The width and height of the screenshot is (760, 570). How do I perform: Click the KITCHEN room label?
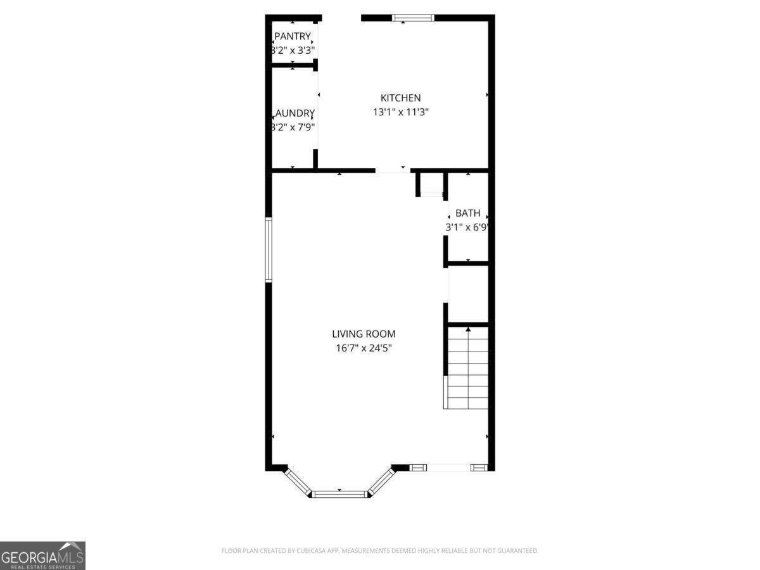pyautogui.click(x=400, y=98)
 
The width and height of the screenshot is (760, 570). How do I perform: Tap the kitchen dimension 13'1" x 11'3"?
pyautogui.click(x=400, y=112)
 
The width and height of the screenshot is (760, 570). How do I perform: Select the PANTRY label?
pyautogui.click(x=292, y=37)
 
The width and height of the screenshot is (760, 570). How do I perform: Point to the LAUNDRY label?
pyautogui.click(x=293, y=113)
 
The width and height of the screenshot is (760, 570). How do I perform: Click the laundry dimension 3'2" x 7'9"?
pyautogui.click(x=293, y=126)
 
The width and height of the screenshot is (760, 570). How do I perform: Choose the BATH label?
pyautogui.click(x=467, y=213)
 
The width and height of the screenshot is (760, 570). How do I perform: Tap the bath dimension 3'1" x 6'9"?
pyautogui.click(x=468, y=227)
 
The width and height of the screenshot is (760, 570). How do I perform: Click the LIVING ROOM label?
pyautogui.click(x=364, y=334)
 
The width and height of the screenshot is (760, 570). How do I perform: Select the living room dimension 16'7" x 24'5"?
pyautogui.click(x=364, y=348)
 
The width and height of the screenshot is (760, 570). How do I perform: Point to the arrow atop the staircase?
pyautogui.click(x=468, y=329)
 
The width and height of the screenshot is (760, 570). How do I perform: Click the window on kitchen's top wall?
pyautogui.click(x=412, y=18)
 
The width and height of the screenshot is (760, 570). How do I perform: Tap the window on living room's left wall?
pyautogui.click(x=269, y=250)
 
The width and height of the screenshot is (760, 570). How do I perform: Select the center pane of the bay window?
pyautogui.click(x=340, y=493)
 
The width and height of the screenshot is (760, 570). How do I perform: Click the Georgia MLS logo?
pyautogui.click(x=42, y=555)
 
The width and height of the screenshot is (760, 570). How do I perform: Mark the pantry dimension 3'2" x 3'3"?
pyautogui.click(x=293, y=49)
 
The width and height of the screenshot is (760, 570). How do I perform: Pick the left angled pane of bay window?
pyautogui.click(x=298, y=481)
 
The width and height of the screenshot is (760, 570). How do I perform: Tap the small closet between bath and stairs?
pyautogui.click(x=468, y=294)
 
